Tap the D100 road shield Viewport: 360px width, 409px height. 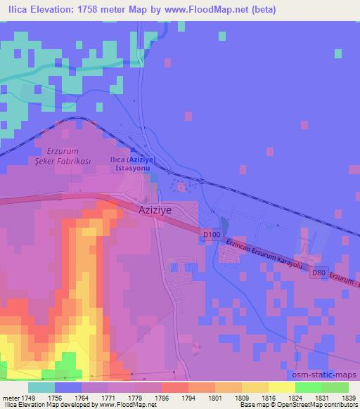click(210, 233)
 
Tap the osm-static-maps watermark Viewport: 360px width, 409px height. click(330, 377)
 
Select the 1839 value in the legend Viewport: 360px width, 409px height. click(348, 398)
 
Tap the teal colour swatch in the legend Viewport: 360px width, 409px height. click(41, 387)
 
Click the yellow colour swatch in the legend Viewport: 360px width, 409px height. click(282, 387)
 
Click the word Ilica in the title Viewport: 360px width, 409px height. click(17, 10)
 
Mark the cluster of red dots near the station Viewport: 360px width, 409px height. click(183, 187)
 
